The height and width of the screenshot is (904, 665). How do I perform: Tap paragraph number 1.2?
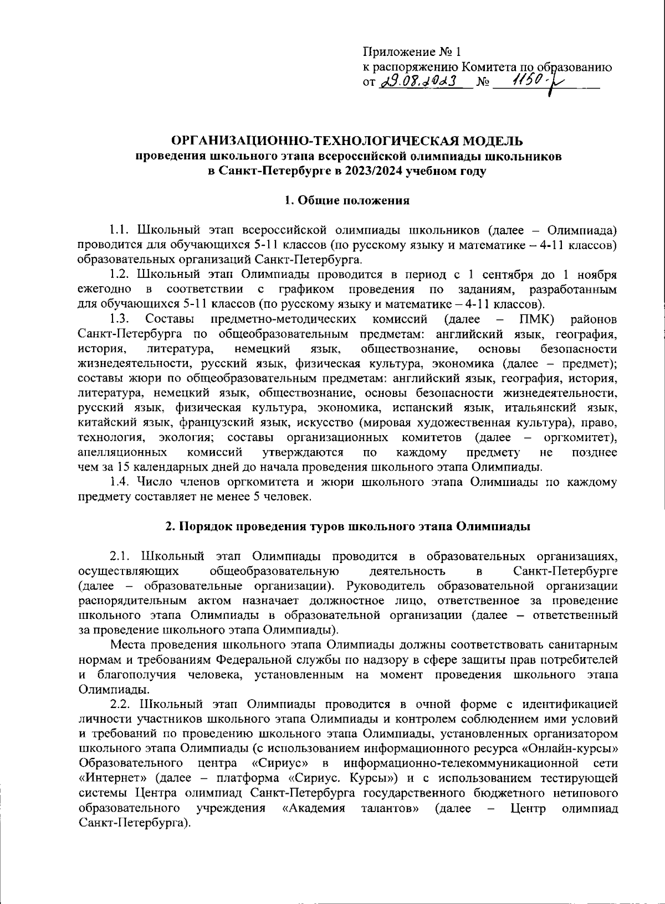[119, 275]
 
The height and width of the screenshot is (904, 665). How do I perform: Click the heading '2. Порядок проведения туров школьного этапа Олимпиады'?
[348, 526]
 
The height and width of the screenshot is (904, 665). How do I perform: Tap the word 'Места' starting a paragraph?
[126, 645]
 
